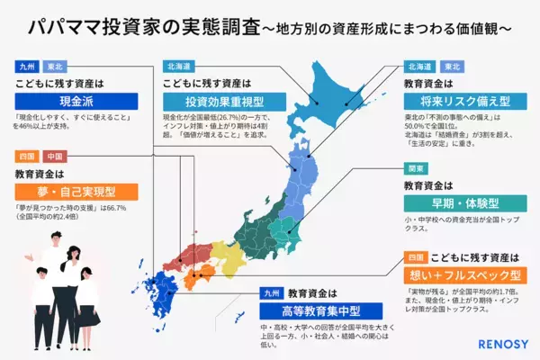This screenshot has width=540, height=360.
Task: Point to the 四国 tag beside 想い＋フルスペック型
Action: (414, 254)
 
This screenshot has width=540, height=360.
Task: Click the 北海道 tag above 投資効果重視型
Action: (178, 66)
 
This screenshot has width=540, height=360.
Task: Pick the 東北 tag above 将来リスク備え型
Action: (450, 66)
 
